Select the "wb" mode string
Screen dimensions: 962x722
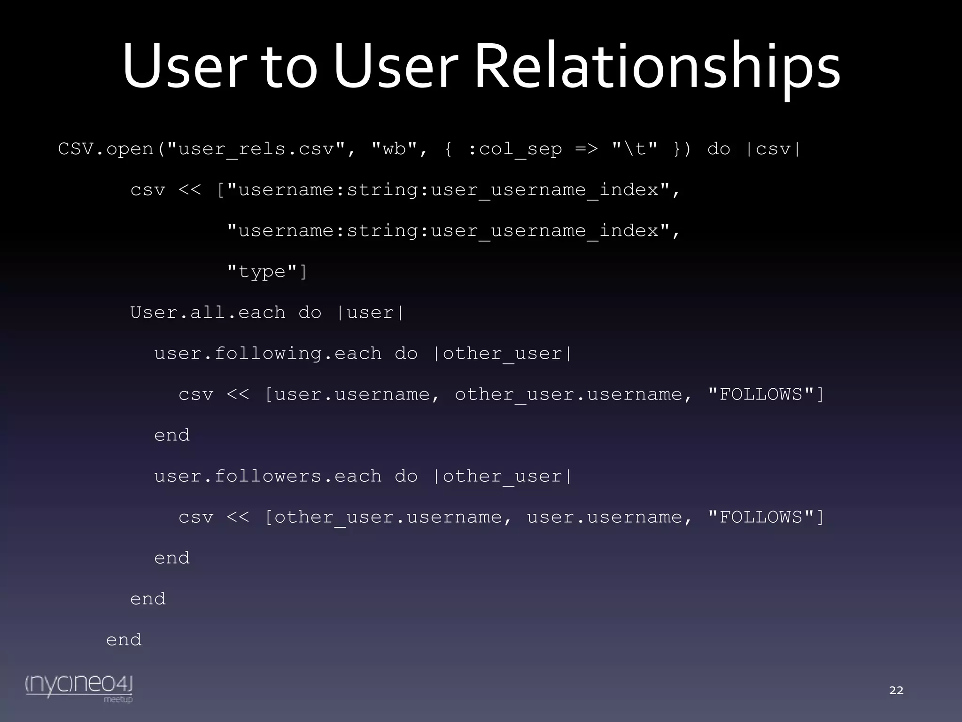click(x=394, y=149)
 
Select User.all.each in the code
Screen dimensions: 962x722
click(x=208, y=313)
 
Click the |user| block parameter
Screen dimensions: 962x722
click(x=370, y=313)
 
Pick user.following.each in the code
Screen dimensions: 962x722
click(x=268, y=353)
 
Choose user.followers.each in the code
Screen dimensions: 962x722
click(x=268, y=476)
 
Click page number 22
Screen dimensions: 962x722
click(x=896, y=690)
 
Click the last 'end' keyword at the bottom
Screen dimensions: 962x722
click(x=124, y=640)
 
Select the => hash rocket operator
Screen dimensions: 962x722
click(x=587, y=149)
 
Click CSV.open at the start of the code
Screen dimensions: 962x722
click(x=106, y=149)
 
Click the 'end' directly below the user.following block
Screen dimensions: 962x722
click(x=172, y=435)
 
